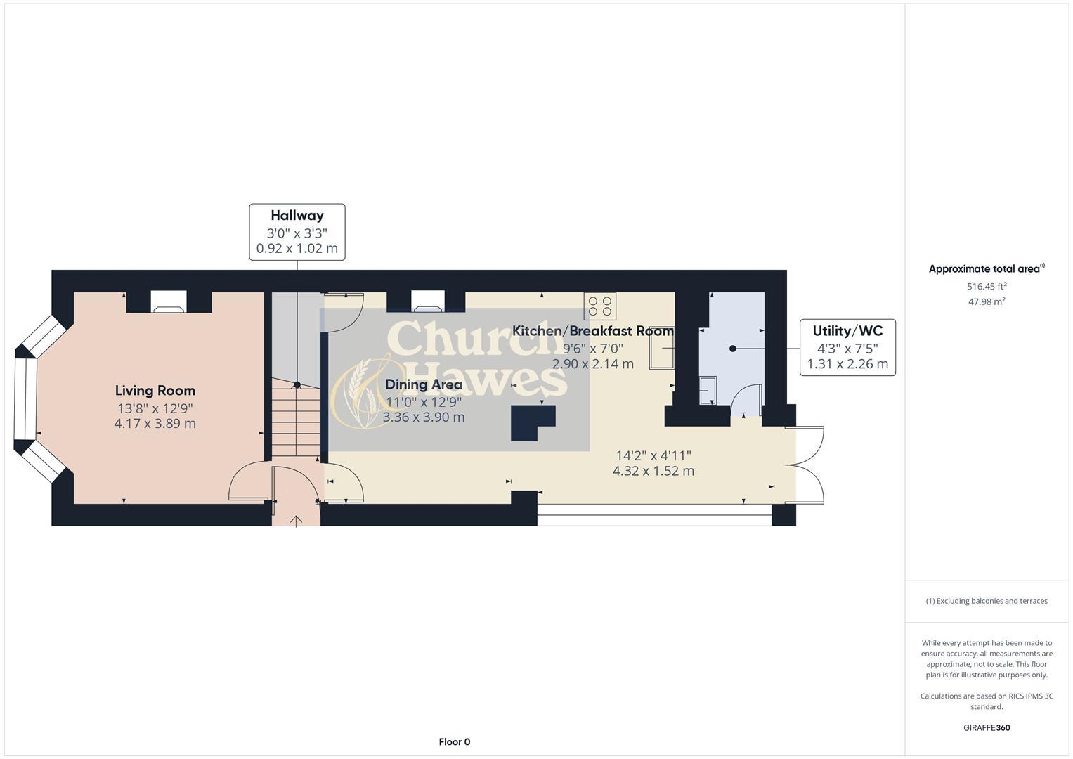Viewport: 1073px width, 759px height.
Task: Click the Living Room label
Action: (x=155, y=391)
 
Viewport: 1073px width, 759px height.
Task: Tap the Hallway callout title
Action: (x=297, y=216)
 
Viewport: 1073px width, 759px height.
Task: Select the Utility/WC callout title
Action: (x=847, y=331)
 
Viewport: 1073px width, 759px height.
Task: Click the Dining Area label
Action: (x=423, y=384)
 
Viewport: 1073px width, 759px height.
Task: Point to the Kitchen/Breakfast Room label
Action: (x=592, y=331)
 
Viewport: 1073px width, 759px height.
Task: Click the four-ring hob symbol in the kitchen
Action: (x=599, y=306)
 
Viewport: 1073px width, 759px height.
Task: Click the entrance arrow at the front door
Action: (x=296, y=521)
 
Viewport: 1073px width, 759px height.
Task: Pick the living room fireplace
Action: (x=169, y=302)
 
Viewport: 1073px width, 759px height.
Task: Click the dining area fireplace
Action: (x=427, y=302)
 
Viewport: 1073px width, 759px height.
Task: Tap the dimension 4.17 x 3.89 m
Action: (x=155, y=424)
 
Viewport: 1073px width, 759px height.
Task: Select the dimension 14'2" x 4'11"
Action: (x=653, y=455)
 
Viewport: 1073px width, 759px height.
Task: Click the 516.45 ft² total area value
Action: (x=987, y=287)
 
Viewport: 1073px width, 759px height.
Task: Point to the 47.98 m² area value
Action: (x=987, y=301)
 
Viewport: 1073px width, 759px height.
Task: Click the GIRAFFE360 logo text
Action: (x=986, y=727)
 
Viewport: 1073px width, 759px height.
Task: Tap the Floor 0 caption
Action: (x=454, y=741)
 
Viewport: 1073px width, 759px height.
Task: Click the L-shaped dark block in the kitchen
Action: (x=531, y=422)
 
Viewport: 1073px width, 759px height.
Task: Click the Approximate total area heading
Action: (x=986, y=268)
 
